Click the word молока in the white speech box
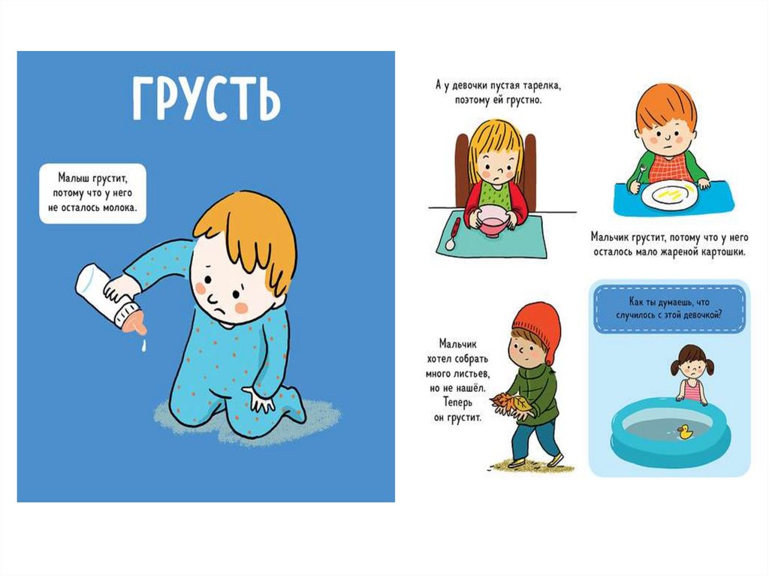click(119, 207)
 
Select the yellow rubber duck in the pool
click(685, 432)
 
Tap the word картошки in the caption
click(722, 252)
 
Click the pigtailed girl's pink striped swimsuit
click(692, 391)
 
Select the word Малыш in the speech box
click(73, 177)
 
